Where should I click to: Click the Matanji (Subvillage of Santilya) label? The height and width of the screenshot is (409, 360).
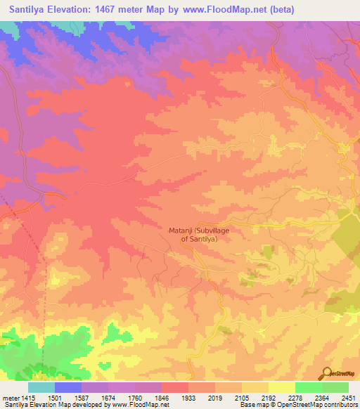pos(200,235)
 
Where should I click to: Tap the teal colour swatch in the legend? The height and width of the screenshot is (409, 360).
pos(41,387)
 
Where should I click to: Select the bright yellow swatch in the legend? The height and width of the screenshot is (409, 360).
pos(281,387)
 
